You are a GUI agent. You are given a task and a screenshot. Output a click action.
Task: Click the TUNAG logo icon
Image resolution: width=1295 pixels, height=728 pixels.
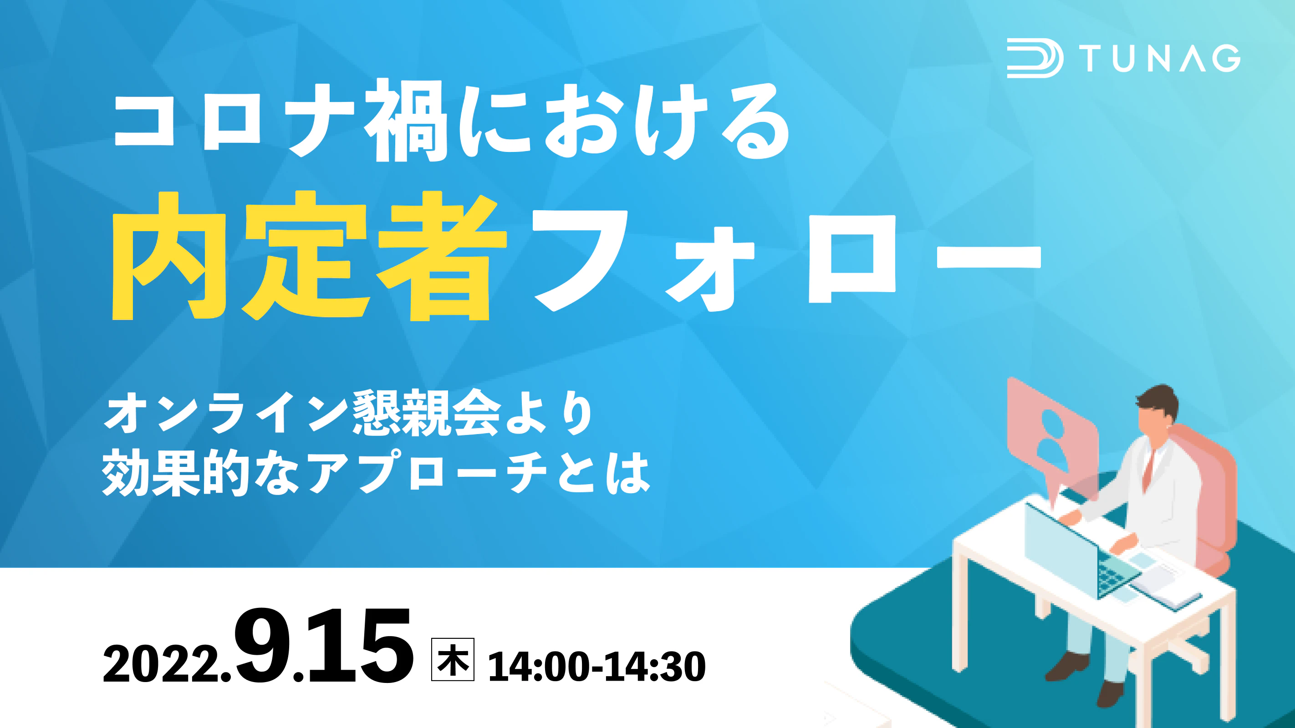point(1035,59)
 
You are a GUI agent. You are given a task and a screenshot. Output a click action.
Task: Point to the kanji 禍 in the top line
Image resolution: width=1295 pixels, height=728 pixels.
point(406,121)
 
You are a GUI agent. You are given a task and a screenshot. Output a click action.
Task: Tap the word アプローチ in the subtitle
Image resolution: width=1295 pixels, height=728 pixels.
point(427,472)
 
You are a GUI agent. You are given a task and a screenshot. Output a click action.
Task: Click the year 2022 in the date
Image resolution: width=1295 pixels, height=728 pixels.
point(162,664)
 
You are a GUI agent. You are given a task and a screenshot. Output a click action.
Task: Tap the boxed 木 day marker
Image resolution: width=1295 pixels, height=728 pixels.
point(453,659)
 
